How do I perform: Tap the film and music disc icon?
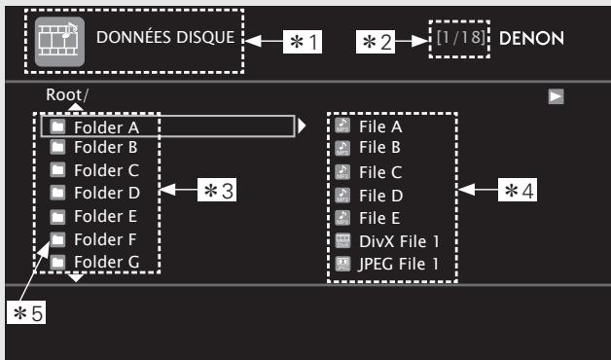tap(55, 41)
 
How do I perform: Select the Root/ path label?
tap(65, 94)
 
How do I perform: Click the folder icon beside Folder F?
tap(57, 238)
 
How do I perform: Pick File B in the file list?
tap(380, 149)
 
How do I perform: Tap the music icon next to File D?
tap(341, 194)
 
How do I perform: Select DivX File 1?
tap(395, 239)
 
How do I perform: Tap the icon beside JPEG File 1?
tap(341, 262)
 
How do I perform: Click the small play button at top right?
tap(555, 96)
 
